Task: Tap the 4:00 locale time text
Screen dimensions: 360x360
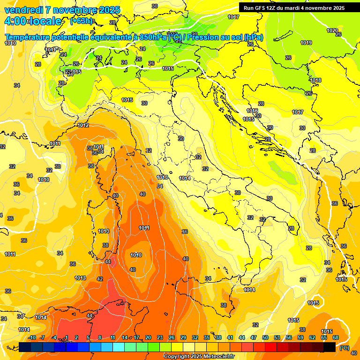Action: (x=32, y=21)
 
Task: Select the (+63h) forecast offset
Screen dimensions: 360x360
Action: (x=81, y=21)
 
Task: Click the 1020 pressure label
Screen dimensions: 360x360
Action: (x=332, y=30)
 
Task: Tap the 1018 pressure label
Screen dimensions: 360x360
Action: (x=315, y=80)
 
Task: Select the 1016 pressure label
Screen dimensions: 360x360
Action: (x=252, y=111)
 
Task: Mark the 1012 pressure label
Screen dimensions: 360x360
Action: (x=83, y=125)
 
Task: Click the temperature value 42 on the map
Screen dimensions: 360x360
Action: (x=99, y=279)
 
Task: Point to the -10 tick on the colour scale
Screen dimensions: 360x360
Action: (x=32, y=337)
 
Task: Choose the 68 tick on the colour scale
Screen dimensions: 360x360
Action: (x=336, y=337)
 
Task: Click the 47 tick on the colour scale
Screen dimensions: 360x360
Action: (x=254, y=337)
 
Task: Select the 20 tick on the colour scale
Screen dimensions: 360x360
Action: (x=148, y=337)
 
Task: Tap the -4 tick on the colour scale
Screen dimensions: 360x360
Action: (x=55, y=337)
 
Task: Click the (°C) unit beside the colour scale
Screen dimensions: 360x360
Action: (x=344, y=347)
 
